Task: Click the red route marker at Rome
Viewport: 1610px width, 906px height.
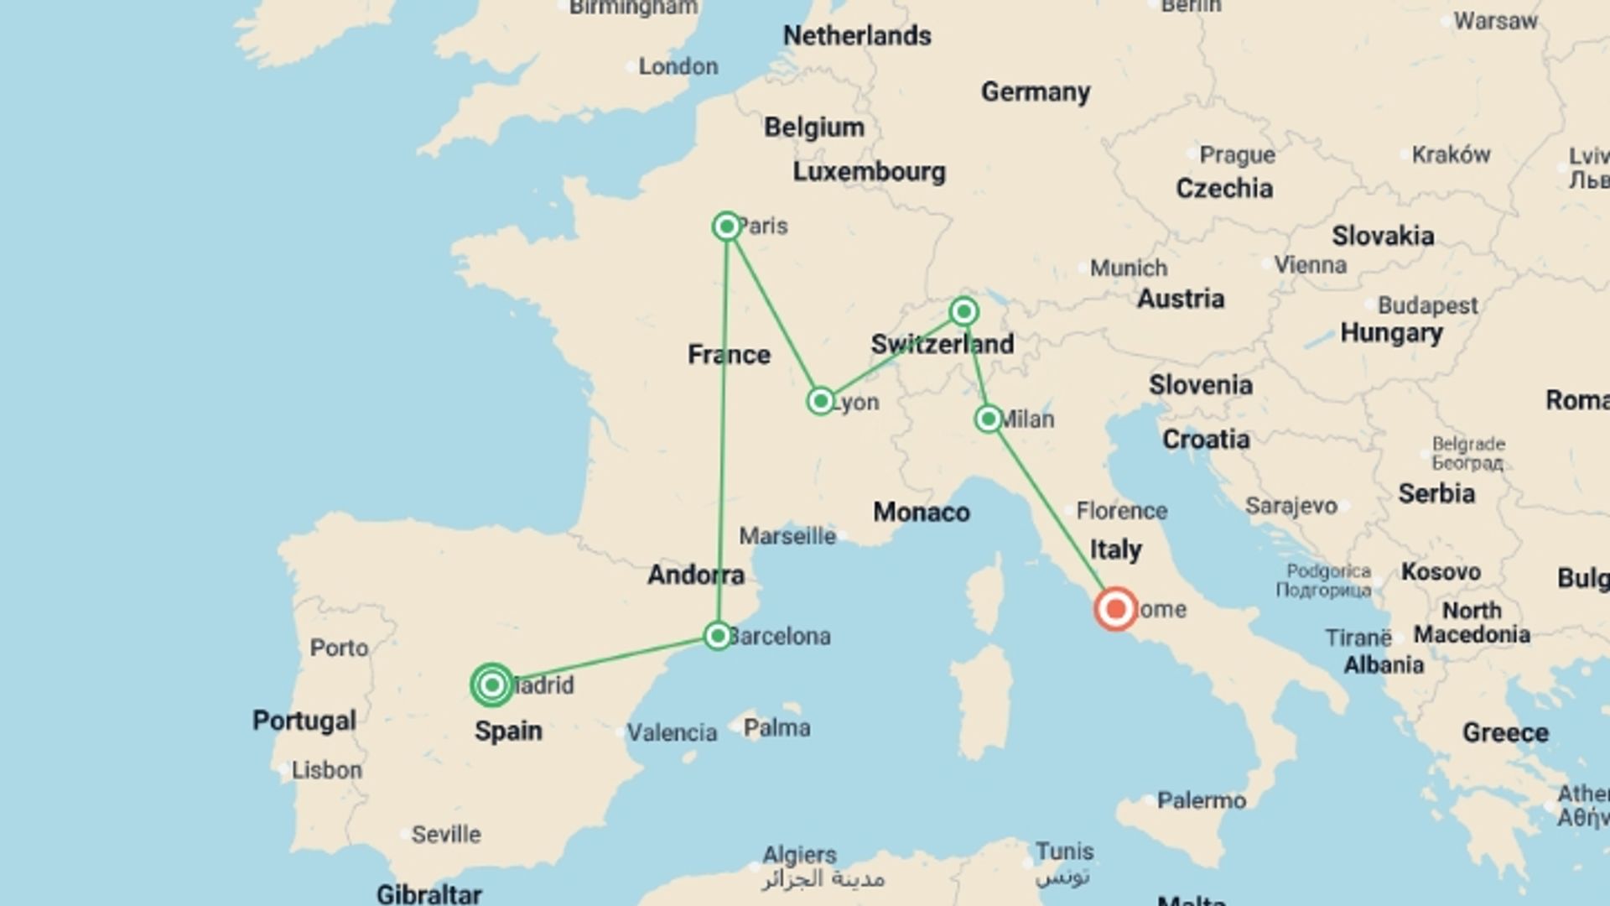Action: coord(1116,609)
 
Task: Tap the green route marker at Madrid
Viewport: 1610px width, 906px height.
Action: coord(492,685)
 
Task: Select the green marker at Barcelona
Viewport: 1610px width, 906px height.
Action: coord(718,636)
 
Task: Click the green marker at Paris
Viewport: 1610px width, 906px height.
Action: coord(727,226)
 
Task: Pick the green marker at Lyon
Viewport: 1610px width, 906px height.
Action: coord(821,401)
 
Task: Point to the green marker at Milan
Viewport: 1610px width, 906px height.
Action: coord(989,419)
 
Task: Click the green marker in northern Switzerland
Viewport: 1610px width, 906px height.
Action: coord(964,312)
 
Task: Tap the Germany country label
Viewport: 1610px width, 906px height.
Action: coord(1036,91)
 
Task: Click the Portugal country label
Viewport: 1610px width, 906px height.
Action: coord(304,721)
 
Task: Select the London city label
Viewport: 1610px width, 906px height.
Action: coord(678,66)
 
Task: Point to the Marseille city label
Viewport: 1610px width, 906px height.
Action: coord(787,536)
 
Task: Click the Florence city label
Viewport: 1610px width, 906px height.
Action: coord(1121,511)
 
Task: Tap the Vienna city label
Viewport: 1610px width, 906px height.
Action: coord(1310,265)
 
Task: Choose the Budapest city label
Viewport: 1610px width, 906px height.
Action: coord(1427,305)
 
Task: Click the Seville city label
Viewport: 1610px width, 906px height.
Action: coord(445,835)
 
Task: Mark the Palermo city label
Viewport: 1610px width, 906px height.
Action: coord(1201,800)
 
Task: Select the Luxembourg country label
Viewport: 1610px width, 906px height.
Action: coord(870,172)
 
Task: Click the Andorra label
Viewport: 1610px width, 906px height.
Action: coord(696,575)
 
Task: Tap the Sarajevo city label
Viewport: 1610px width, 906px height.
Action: coord(1291,506)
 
